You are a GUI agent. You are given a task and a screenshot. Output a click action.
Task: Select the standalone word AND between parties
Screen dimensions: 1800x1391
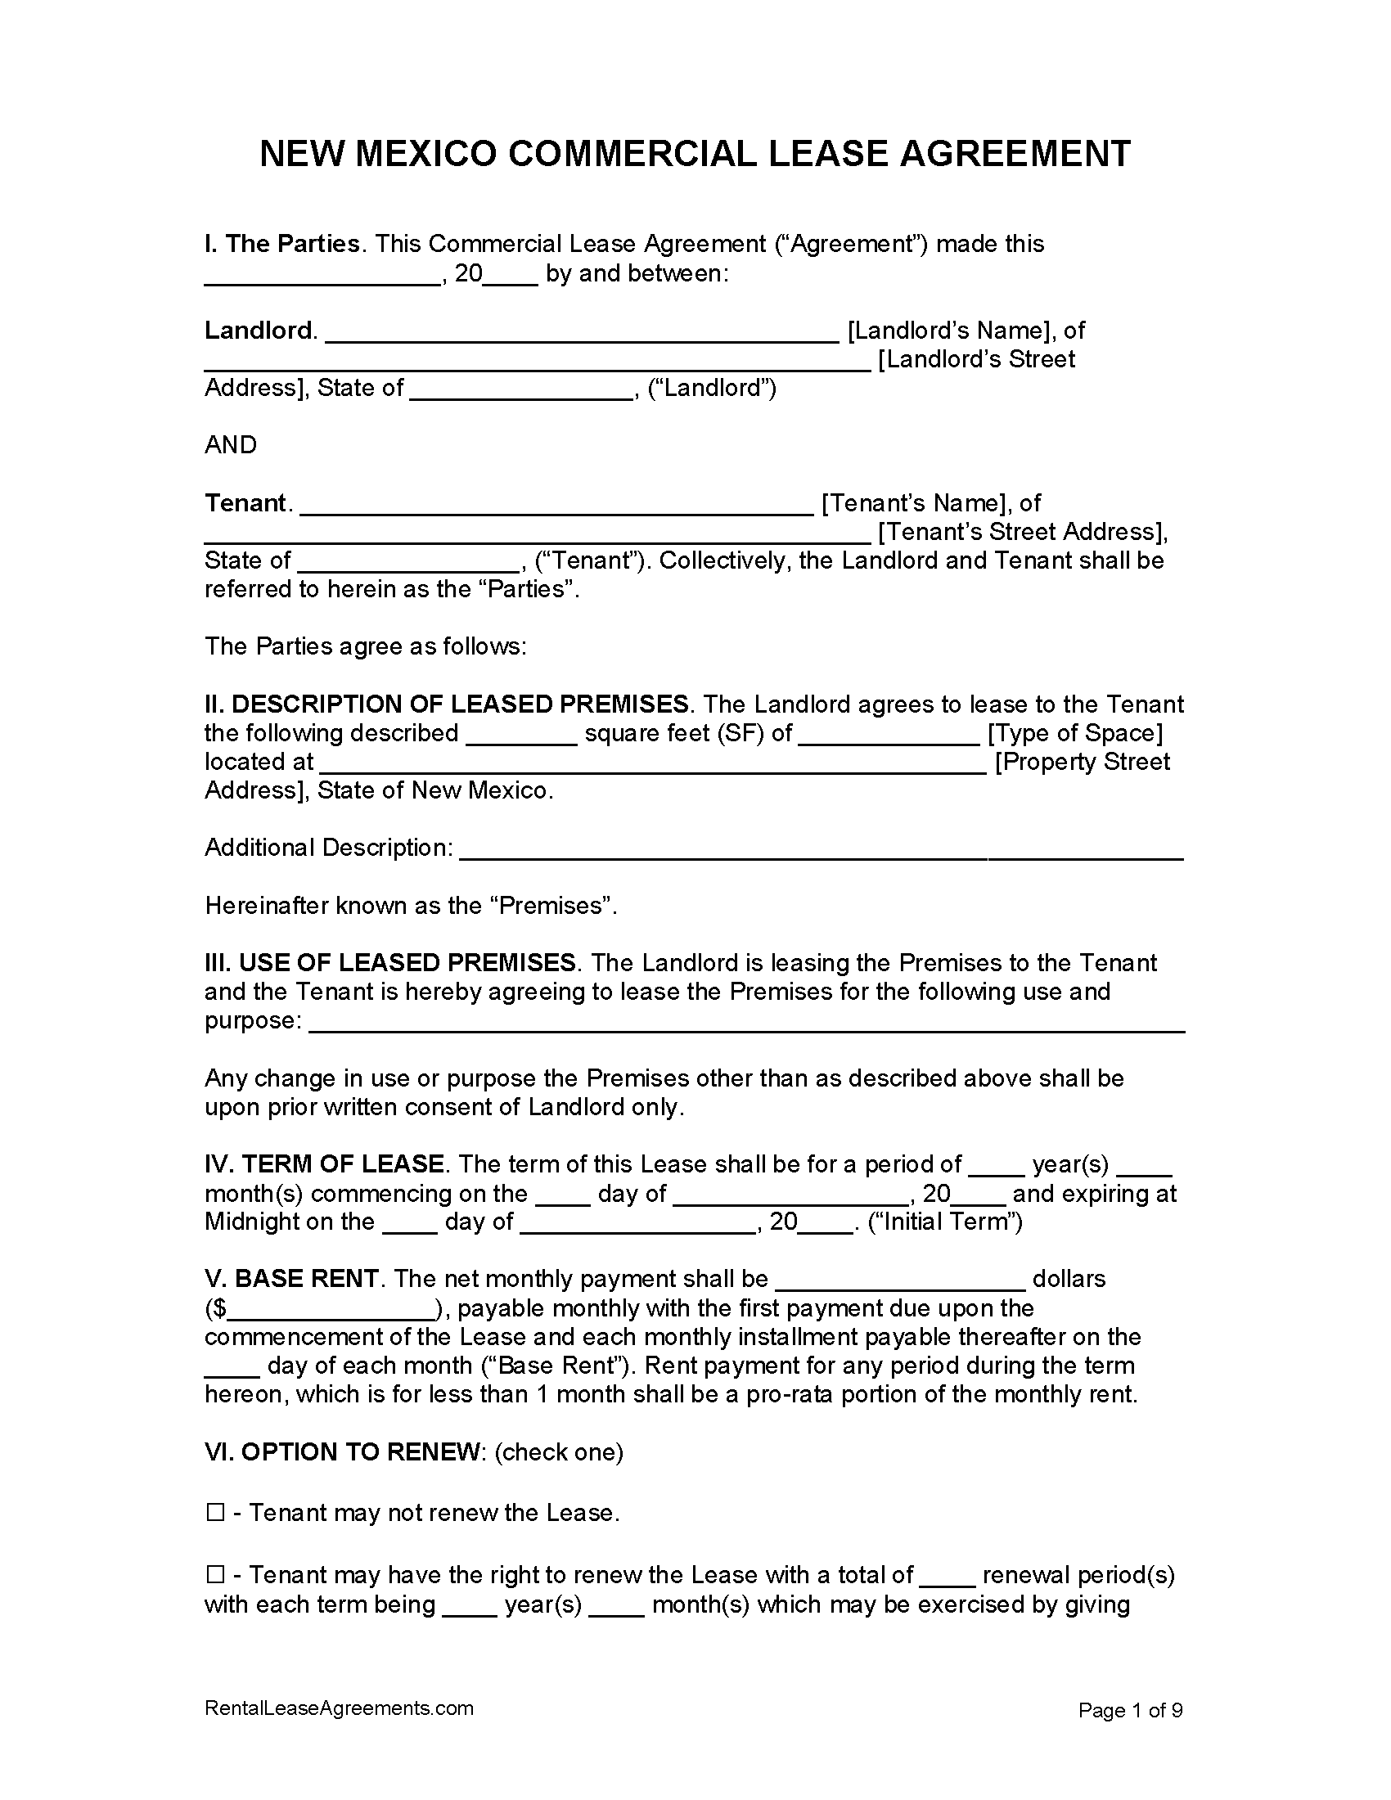(231, 445)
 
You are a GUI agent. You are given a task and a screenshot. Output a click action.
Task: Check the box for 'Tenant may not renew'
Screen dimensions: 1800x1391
(215, 1512)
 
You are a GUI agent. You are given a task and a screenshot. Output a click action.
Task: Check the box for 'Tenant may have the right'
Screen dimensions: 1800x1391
(215, 1575)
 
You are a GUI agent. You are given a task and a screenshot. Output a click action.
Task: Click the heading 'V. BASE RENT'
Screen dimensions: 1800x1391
(292, 1279)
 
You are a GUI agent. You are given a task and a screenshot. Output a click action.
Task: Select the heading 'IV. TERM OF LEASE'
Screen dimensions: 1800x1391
(325, 1164)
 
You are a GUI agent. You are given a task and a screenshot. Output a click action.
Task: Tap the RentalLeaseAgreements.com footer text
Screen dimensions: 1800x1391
(339, 1708)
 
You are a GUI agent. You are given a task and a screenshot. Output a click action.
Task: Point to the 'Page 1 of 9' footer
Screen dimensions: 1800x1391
(1131, 1711)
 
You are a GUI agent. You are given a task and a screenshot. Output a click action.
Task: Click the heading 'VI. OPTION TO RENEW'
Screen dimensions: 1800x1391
(343, 1452)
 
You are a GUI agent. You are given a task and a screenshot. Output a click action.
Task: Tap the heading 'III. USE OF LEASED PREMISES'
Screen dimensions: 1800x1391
(389, 963)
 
